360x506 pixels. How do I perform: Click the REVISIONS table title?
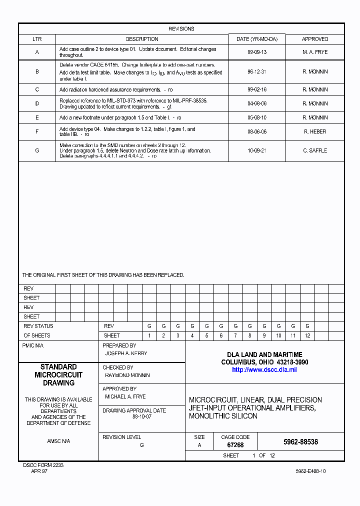click(181, 29)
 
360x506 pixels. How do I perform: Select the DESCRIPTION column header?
click(141, 39)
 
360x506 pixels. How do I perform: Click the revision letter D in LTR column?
click(37, 104)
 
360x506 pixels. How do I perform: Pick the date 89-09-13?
click(256, 52)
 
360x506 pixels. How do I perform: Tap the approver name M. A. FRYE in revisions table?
click(315, 52)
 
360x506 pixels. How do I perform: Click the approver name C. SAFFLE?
click(315, 150)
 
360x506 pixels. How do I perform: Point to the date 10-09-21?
click(256, 150)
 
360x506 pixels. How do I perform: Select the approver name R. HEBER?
click(315, 132)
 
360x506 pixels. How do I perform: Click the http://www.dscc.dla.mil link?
click(264, 370)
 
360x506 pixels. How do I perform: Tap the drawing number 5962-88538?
click(300, 442)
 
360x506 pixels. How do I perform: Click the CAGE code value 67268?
click(235, 445)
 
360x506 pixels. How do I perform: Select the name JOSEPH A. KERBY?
click(126, 353)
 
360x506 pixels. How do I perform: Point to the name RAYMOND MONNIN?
click(127, 375)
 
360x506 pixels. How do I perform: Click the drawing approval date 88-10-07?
click(141, 416)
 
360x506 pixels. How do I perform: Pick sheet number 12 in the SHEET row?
click(307, 336)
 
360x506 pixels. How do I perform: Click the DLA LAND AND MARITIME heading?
click(264, 354)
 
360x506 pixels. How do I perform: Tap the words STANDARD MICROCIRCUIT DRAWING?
click(58, 375)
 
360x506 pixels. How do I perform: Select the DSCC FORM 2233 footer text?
click(43, 465)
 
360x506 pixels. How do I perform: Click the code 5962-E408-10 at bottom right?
click(310, 471)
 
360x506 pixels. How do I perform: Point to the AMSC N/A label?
click(58, 441)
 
